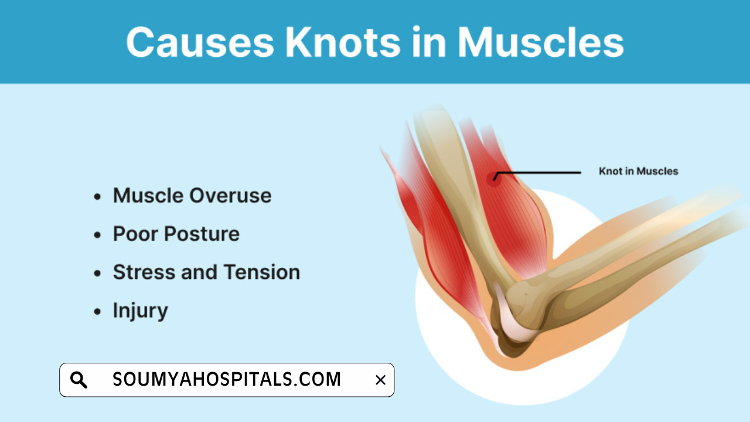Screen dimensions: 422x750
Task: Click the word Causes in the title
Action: pos(199,42)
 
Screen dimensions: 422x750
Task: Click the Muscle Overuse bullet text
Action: pos(192,195)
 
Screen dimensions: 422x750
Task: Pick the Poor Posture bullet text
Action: pos(176,234)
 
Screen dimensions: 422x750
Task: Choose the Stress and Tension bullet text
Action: pos(206,272)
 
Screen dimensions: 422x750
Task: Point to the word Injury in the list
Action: pos(140,311)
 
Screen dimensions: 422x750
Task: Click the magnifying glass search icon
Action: pos(79,380)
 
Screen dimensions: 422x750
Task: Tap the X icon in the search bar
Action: pos(380,380)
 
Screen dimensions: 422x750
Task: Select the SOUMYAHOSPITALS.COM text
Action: pos(227,380)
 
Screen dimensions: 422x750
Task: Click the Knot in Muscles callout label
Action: pos(638,171)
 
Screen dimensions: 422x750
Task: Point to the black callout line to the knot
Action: pos(539,173)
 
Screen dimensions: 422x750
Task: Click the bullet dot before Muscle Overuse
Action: pos(97,196)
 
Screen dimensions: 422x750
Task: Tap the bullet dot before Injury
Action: pos(97,312)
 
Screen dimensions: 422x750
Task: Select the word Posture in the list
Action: pos(201,234)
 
